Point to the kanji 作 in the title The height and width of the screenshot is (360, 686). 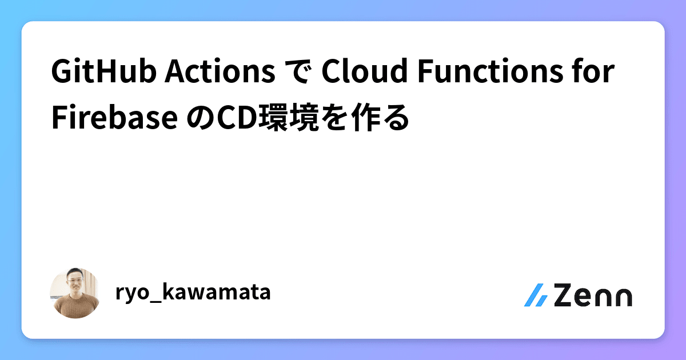(x=373, y=118)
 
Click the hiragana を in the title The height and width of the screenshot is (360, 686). (x=345, y=118)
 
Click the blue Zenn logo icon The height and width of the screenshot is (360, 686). (x=536, y=295)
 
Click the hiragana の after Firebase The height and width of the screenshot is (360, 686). (x=200, y=118)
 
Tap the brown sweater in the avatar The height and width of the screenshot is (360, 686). (x=75, y=309)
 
